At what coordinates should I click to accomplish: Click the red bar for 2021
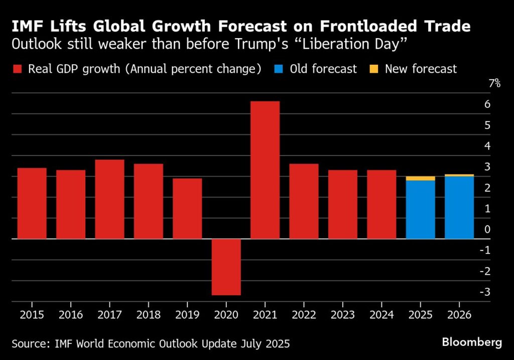265,170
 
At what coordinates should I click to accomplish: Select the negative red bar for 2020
226,267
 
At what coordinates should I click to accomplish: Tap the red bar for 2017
109,199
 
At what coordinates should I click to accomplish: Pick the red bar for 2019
187,208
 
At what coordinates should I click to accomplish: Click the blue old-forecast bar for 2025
420,209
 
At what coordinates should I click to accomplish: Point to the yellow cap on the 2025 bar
420,178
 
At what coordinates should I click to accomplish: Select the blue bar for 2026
459,207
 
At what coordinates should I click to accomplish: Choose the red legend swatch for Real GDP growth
17,69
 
